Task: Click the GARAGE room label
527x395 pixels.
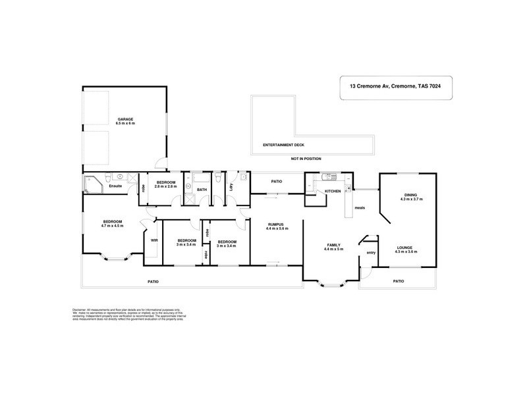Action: tap(125, 119)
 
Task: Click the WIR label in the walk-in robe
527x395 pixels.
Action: tap(154, 240)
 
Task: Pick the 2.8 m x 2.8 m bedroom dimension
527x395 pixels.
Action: tap(165, 186)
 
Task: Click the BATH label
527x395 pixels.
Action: tap(202, 190)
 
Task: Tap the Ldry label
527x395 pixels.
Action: tap(231, 186)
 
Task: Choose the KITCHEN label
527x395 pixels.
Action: tap(333, 192)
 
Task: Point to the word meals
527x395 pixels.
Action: tap(360, 209)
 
